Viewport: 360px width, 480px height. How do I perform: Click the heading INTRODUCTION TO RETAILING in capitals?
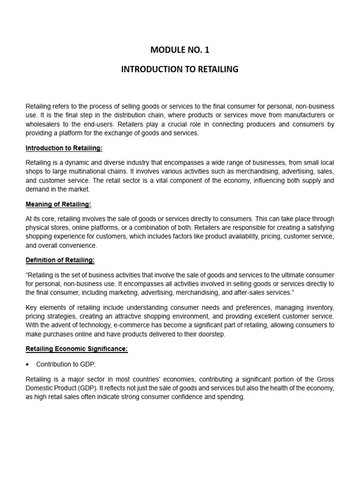[x=180, y=69]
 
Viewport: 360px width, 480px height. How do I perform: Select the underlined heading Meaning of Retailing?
[x=59, y=205]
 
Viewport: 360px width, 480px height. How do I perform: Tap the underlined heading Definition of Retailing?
[x=60, y=260]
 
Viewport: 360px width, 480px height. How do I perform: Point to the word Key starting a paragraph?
[x=31, y=307]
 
